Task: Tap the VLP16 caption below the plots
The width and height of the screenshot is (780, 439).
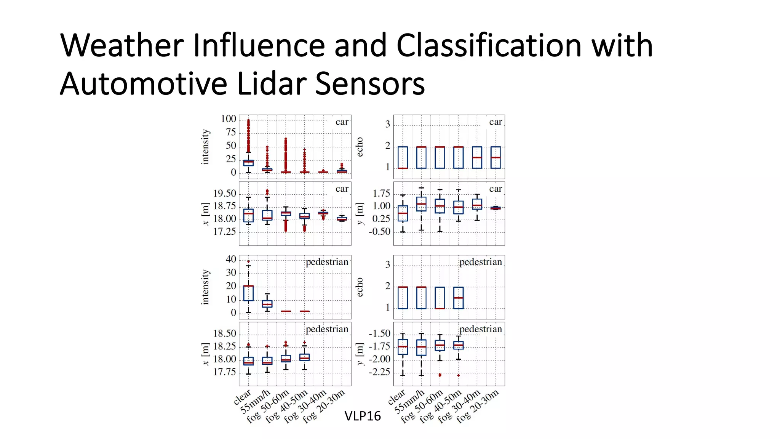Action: pyautogui.click(x=362, y=416)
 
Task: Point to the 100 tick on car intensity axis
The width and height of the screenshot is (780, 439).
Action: pyautogui.click(x=228, y=119)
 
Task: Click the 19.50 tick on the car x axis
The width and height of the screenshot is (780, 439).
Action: pyautogui.click(x=224, y=194)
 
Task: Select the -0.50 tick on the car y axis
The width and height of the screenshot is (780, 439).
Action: pyautogui.click(x=379, y=232)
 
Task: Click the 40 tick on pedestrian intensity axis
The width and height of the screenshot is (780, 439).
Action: pyautogui.click(x=231, y=259)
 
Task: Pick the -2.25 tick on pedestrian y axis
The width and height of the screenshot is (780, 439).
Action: pyautogui.click(x=379, y=372)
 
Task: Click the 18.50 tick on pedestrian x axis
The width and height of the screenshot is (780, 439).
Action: pyautogui.click(x=224, y=334)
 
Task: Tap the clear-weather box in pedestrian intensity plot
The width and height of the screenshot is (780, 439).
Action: pyautogui.click(x=248, y=293)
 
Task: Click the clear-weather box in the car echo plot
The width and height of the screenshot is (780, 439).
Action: pyautogui.click(x=403, y=157)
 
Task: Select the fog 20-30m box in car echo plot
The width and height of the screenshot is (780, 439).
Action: pyautogui.click(x=495, y=157)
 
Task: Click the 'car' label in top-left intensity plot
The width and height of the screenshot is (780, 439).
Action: pyautogui.click(x=342, y=122)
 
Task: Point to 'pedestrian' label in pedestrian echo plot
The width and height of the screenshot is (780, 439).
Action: pyautogui.click(x=480, y=262)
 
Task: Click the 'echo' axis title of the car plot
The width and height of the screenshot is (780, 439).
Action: pyautogui.click(x=360, y=147)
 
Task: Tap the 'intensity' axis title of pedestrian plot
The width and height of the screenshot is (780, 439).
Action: pyautogui.click(x=205, y=287)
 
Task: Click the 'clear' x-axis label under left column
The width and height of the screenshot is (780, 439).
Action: pyautogui.click(x=243, y=397)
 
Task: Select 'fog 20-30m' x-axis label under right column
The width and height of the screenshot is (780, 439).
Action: pyautogui.click(x=478, y=407)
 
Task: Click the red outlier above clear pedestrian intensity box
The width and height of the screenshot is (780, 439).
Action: pyautogui.click(x=248, y=262)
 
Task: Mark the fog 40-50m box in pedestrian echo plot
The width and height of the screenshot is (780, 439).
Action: pyautogui.click(x=459, y=298)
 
